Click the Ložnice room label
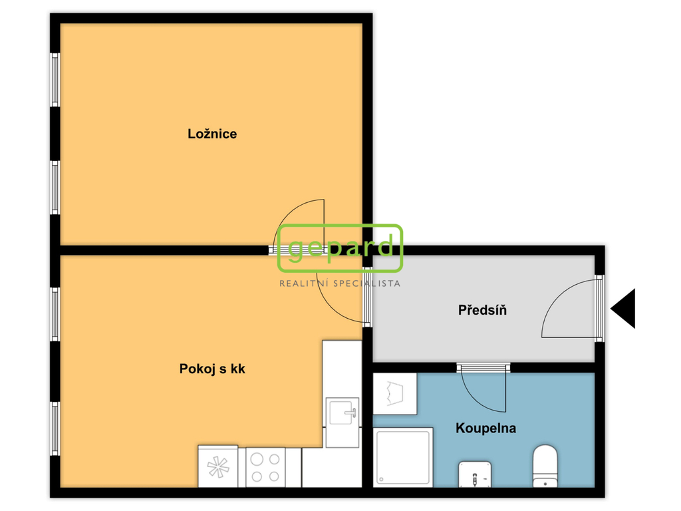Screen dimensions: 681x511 pos(212,134)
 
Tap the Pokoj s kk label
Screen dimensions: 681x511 pos(212,369)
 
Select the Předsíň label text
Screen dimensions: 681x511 pos(482,310)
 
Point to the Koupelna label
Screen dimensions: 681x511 pos(485,428)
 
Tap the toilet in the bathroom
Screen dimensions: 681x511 pos(545,466)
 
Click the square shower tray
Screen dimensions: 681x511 pos(402,457)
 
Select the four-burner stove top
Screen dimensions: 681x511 pos(265,467)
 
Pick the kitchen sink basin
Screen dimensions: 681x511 pos(343,412)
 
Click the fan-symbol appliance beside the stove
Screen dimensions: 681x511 pos(218,466)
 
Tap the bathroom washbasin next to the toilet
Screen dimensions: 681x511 pos(475,474)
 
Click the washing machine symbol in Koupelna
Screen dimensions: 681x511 pos(395,394)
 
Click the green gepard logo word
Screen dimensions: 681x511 pos(340,248)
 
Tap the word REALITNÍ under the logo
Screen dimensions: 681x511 pos(303,283)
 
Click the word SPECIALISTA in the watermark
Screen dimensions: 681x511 pos(366,283)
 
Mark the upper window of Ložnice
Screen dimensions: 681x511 pos(55,80)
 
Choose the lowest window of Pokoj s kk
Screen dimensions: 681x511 pos(55,428)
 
